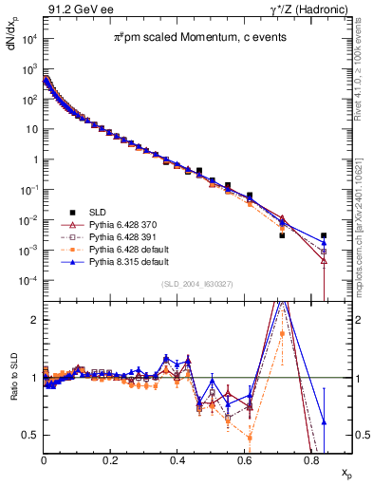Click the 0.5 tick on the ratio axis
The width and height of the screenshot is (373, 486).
[x=30, y=435]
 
